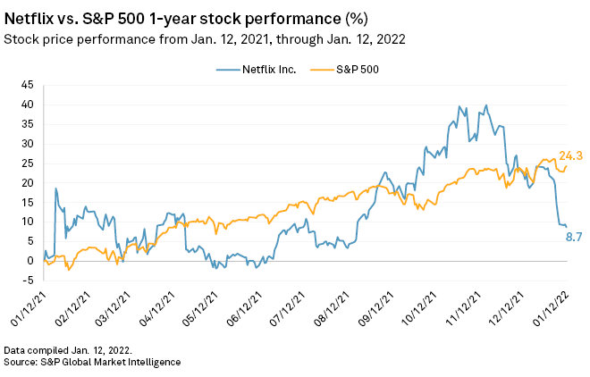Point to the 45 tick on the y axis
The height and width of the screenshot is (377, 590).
point(28,85)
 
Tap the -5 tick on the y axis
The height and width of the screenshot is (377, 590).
point(28,280)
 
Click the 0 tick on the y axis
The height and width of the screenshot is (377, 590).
point(30,260)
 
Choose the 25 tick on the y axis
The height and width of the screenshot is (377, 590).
point(28,163)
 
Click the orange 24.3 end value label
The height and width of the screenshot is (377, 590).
point(570,156)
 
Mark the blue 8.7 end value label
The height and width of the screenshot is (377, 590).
point(573,236)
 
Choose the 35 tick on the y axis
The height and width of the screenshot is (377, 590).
point(28,123)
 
